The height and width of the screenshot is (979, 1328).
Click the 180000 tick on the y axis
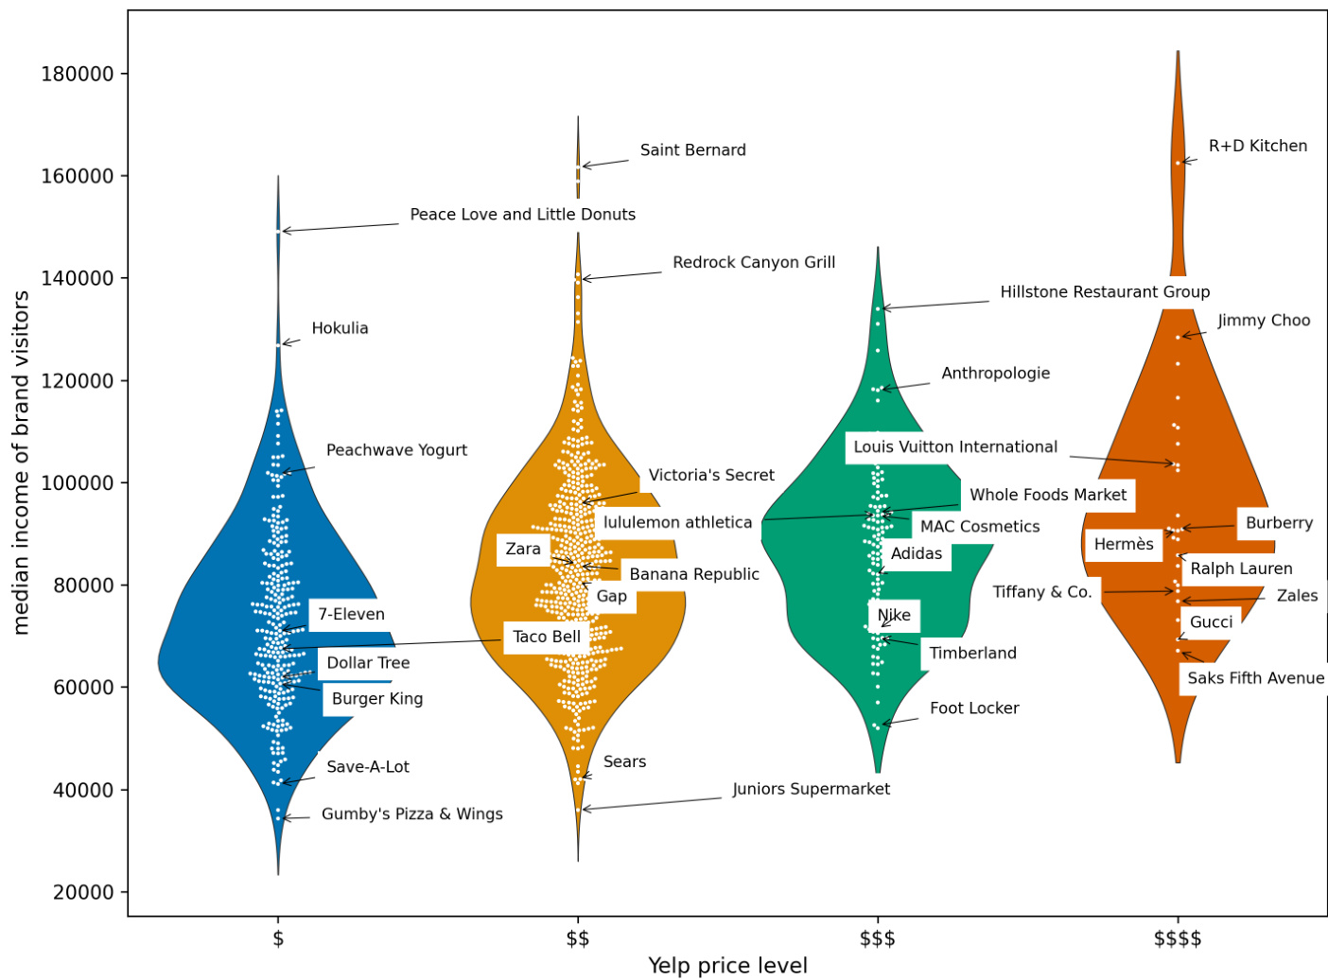[x=77, y=74]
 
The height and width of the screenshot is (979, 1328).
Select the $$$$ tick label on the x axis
[x=1178, y=938]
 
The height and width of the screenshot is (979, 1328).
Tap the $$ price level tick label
[x=578, y=938]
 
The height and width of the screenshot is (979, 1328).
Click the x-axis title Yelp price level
[x=727, y=966]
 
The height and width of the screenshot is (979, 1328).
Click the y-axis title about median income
[x=21, y=463]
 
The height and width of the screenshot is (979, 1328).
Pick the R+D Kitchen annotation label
[x=1257, y=146]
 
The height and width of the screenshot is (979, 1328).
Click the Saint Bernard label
[x=692, y=150]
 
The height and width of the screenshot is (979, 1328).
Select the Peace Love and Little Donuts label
[x=522, y=215]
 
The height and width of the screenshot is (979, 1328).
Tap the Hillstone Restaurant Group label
[x=1105, y=292]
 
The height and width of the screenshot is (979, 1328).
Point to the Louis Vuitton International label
[x=955, y=447]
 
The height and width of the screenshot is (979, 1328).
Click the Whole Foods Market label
[x=1048, y=495]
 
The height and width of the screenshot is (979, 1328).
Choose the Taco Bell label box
[x=547, y=637]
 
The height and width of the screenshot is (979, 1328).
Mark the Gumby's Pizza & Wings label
[x=411, y=814]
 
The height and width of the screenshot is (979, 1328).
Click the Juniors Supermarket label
[x=811, y=789]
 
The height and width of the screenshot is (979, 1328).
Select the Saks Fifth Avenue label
[x=1255, y=678]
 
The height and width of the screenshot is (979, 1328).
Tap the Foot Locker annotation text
[x=974, y=708]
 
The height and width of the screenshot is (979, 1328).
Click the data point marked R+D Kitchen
[x=1179, y=163]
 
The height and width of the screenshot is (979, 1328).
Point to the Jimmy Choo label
[x=1264, y=321]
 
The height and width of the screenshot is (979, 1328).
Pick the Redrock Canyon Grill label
[x=754, y=263]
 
